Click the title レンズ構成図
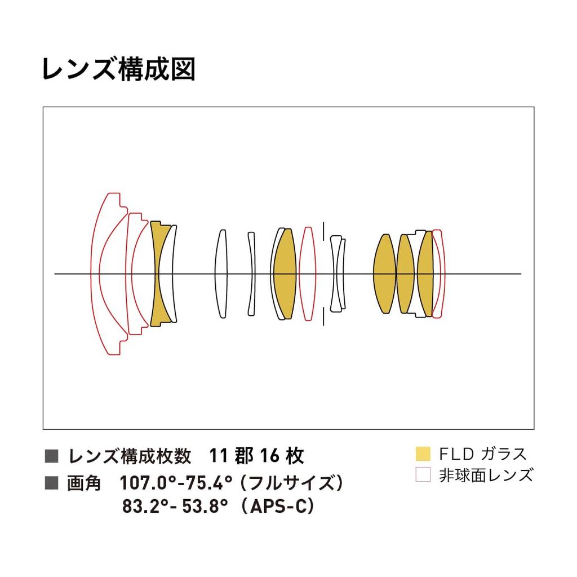coord(118,69)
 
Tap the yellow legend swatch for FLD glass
coord(423,453)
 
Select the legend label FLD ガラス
coord(483,454)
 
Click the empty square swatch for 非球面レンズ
coord(423,474)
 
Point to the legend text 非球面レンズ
coord(486,475)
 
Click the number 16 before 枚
coord(270,456)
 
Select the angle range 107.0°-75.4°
coord(176,483)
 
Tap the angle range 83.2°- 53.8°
coord(175,506)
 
